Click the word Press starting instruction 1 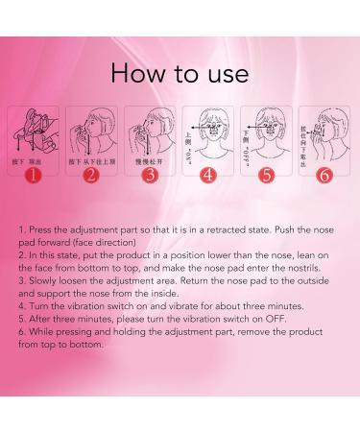(39, 232)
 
